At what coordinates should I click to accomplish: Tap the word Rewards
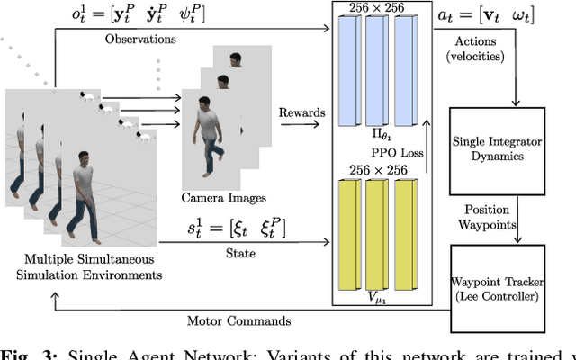point(303,112)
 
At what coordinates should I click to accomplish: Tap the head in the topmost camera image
point(236,60)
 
